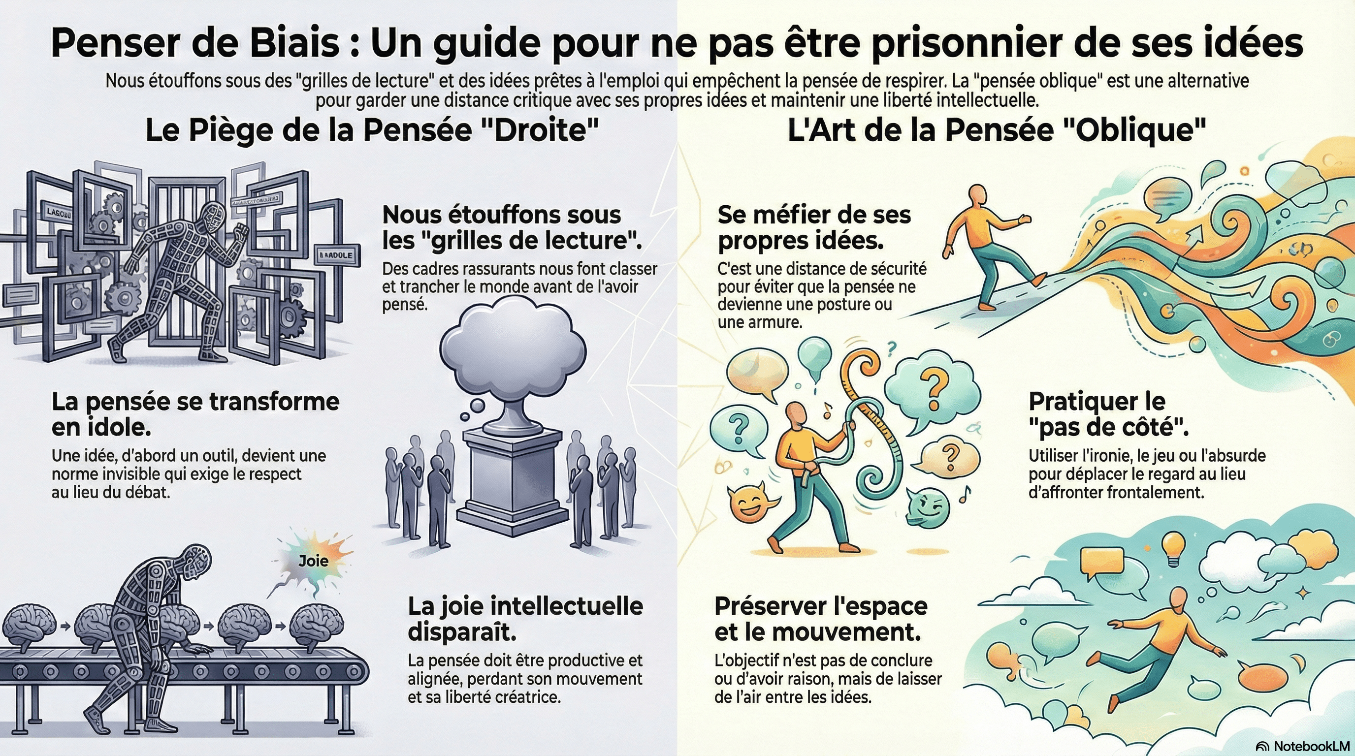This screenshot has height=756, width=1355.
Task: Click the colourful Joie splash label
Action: click(313, 561)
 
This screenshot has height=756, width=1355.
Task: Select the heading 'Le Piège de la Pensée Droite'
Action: click(372, 130)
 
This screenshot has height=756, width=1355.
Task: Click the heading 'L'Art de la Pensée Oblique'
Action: click(997, 130)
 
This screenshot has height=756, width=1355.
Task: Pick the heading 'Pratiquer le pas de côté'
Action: click(1109, 415)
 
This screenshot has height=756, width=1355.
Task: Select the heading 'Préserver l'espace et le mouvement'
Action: click(821, 619)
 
